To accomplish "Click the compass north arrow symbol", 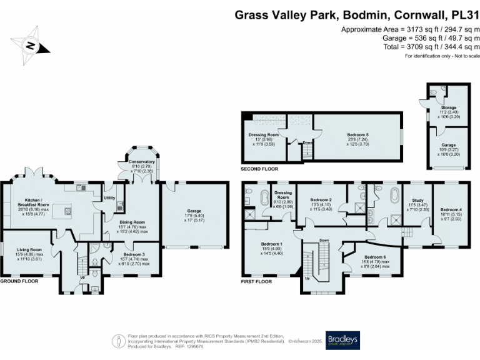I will pyautogui.click(x=29, y=45).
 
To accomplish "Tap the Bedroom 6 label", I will pyautogui.click(x=375, y=257).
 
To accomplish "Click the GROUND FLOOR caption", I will pyautogui.click(x=19, y=281).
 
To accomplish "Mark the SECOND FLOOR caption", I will pyautogui.click(x=259, y=169).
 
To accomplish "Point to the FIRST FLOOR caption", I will pyautogui.click(x=256, y=281).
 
